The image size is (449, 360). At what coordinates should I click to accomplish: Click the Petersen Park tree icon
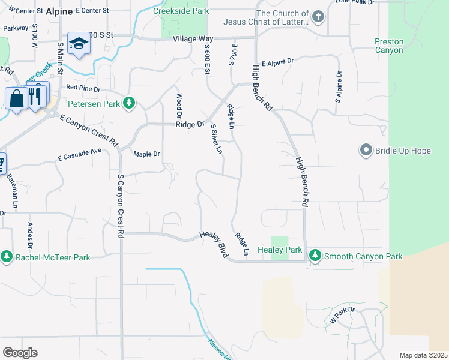(128, 104)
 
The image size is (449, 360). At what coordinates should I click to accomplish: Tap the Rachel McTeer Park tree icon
(7, 257)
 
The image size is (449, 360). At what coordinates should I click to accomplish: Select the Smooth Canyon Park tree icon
(315, 256)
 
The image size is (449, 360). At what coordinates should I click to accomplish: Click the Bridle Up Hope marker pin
(366, 150)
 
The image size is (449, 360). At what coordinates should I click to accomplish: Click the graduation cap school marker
(79, 43)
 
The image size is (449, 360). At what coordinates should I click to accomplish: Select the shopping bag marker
(16, 98)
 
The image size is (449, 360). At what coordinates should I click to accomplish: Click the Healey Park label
(279, 250)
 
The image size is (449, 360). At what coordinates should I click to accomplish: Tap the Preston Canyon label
(389, 46)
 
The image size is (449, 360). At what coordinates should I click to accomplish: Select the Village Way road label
(193, 38)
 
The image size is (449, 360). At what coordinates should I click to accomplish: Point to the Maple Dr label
(146, 154)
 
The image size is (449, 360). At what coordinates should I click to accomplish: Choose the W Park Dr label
(342, 314)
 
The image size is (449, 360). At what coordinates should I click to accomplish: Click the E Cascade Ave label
(80, 154)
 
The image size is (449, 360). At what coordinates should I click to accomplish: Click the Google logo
(20, 353)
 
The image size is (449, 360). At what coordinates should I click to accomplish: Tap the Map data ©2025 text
(423, 355)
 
